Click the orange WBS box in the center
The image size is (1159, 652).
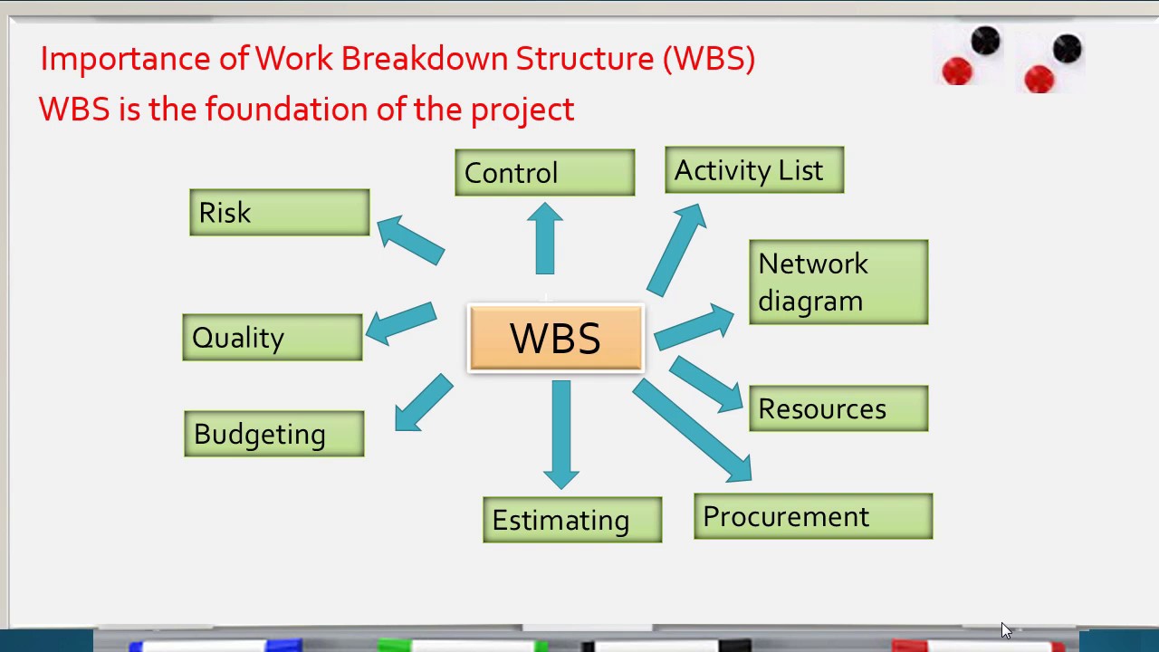click(555, 339)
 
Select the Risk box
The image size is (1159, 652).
click(279, 213)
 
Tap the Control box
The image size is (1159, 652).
click(544, 172)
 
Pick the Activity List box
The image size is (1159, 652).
click(753, 170)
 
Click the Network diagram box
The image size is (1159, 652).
click(838, 282)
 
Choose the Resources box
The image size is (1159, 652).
click(838, 408)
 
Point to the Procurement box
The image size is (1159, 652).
click(812, 516)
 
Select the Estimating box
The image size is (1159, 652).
click(572, 520)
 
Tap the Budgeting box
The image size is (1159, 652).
click(273, 434)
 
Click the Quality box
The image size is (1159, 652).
click(272, 338)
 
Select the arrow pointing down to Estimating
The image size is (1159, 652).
click(561, 433)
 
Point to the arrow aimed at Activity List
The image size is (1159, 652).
click(675, 250)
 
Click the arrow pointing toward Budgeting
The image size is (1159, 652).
click(423, 404)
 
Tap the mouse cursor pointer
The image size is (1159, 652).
click(1006, 630)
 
